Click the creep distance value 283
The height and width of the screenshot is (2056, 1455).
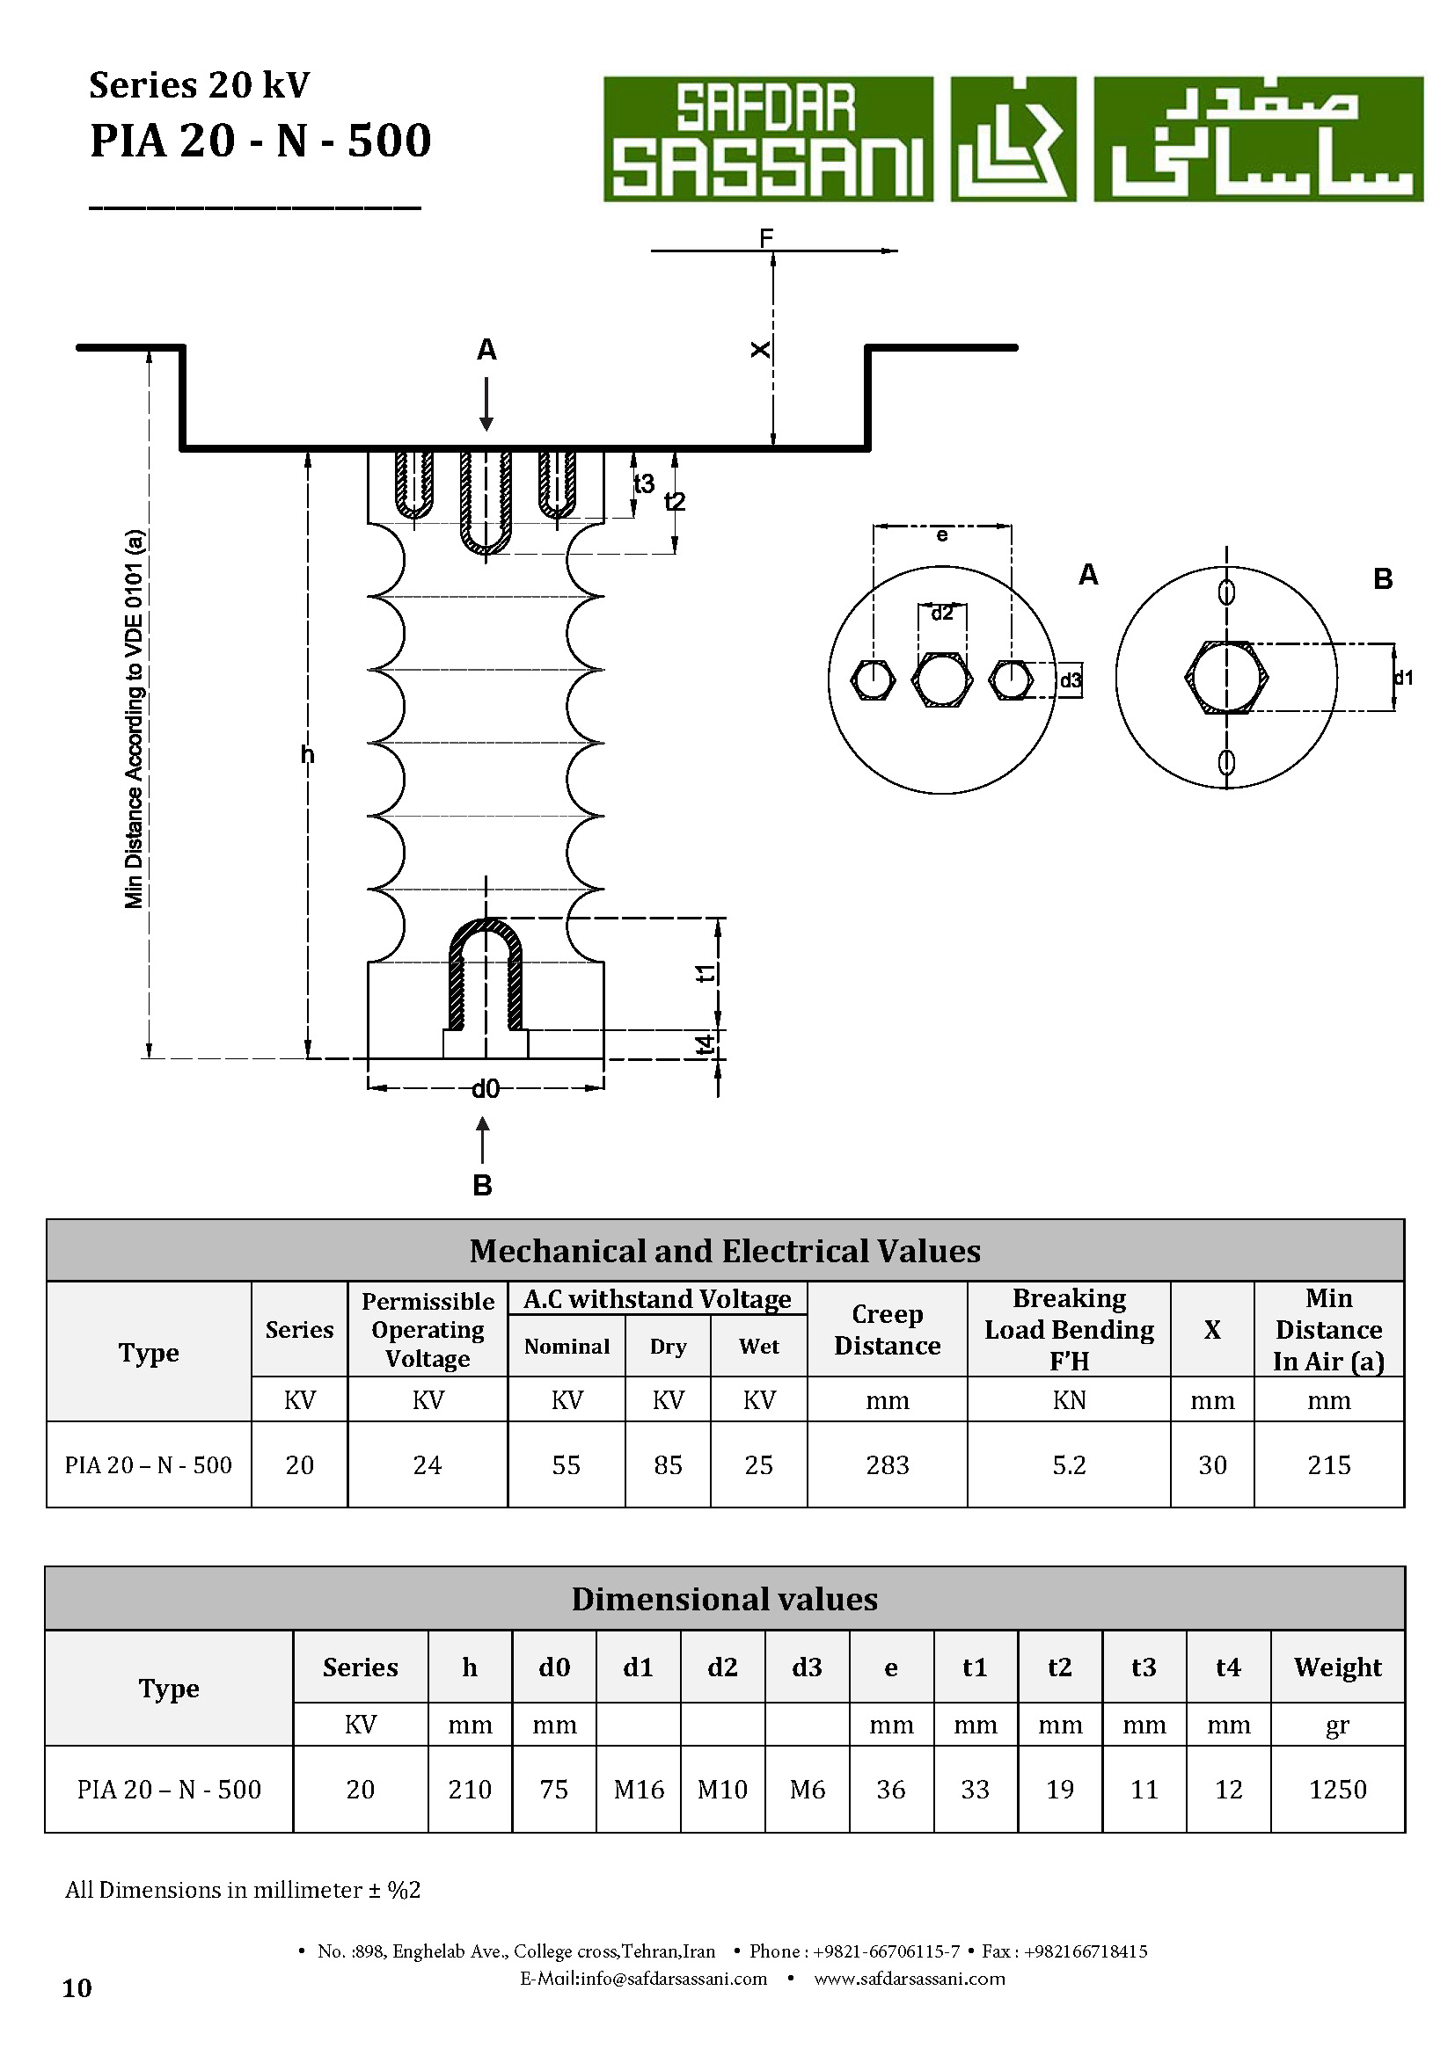tap(887, 1465)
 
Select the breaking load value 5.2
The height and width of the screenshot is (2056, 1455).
tap(1069, 1465)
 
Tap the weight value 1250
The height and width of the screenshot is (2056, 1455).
tap(1338, 1789)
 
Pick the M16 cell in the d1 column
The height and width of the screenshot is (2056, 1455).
tap(639, 1789)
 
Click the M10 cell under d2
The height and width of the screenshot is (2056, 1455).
tap(722, 1789)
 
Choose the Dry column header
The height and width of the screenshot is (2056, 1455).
tap(669, 1347)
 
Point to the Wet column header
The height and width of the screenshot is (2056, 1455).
tap(759, 1347)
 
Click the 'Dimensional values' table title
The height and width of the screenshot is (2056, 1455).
tap(725, 1599)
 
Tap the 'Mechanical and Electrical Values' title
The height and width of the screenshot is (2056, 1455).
tap(725, 1251)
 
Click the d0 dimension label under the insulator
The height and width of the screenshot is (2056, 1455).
tap(486, 1089)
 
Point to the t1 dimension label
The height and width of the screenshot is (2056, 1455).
tap(707, 973)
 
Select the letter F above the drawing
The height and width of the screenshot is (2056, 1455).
tap(766, 238)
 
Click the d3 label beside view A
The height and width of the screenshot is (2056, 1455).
tap(1071, 680)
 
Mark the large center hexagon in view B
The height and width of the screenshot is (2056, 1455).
tap(1226, 677)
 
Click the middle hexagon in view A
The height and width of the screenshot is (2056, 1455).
tap(941, 679)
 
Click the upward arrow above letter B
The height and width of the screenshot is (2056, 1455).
tap(483, 1140)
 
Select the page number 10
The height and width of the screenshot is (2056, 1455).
tap(77, 1989)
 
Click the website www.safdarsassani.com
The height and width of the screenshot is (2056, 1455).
tap(910, 1979)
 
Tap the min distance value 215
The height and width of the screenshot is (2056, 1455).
tap(1328, 1465)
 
